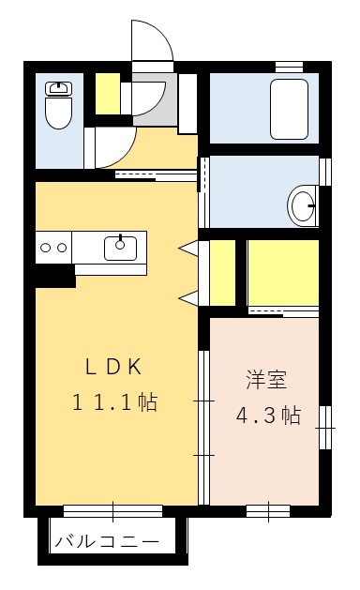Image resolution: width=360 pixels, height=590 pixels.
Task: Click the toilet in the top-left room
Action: tap(59, 105)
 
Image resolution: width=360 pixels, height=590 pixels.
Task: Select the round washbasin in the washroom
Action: tap(302, 206)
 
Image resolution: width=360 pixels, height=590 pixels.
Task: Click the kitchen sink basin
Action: tap(120, 248)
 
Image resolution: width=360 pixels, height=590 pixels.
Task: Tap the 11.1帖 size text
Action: tap(114, 403)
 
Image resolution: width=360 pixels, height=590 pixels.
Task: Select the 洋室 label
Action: tap(266, 380)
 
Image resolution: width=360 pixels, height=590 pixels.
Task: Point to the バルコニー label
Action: tap(106, 542)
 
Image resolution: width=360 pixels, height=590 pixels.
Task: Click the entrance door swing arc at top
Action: tap(153, 42)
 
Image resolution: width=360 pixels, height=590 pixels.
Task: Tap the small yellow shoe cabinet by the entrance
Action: tap(108, 91)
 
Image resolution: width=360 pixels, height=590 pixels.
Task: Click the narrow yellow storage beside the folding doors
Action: tap(222, 273)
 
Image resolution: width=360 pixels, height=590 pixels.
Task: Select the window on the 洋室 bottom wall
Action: tap(266, 511)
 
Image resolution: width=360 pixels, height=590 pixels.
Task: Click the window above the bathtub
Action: tap(289, 66)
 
